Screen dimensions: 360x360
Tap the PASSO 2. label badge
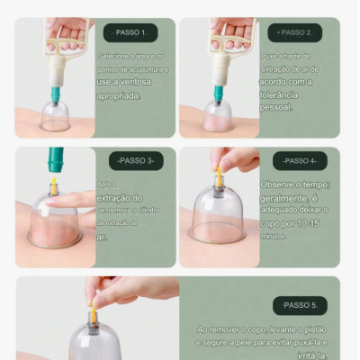pos(296,32)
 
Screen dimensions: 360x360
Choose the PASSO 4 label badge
pos(300,161)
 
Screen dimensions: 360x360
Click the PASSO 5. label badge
pos(300,305)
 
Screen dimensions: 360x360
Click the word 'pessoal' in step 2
pos(275,106)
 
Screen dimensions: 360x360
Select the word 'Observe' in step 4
pos(282,184)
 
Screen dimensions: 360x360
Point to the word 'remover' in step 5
pos(225,329)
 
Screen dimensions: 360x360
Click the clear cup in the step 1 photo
pos(55,115)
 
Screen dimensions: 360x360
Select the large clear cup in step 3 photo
pos(54,222)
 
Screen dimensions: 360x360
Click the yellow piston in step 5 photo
pos(92,313)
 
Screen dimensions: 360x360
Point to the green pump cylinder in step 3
pos(56,162)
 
